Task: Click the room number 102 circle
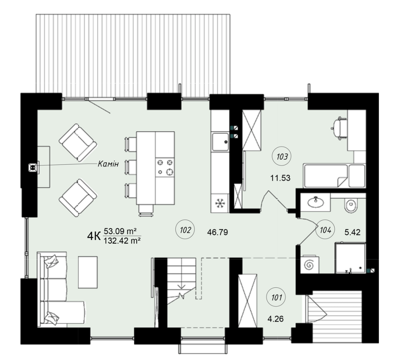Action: point(185,230)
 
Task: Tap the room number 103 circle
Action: point(282,157)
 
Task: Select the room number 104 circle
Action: point(325,230)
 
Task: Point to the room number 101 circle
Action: point(277,298)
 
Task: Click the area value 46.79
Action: point(218,233)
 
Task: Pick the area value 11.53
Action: point(280,178)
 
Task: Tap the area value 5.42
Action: point(353,232)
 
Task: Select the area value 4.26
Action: point(275,319)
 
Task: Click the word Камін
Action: point(108,164)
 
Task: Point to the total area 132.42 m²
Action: point(122,241)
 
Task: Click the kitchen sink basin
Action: point(220,141)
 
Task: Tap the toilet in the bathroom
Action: point(351,205)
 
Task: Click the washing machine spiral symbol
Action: point(309,265)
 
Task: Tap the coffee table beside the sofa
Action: point(88,272)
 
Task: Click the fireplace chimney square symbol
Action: point(33,167)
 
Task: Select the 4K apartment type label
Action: point(94,236)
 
